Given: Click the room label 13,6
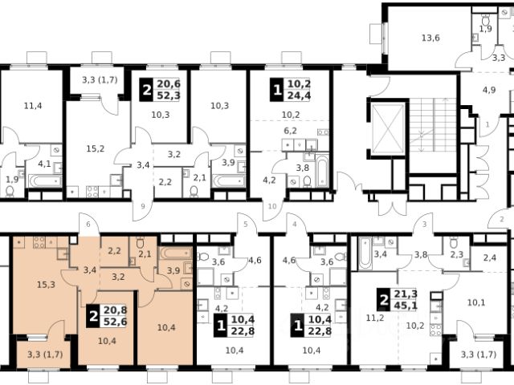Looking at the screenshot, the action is click(430, 38).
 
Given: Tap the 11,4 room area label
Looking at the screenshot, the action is click(33, 106).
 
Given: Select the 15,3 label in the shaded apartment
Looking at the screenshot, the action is click(46, 285).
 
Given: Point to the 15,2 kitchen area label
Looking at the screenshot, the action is click(96, 148).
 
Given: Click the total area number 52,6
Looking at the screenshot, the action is click(115, 322).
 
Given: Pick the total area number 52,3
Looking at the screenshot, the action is click(169, 96).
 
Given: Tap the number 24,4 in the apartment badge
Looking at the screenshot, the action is click(299, 96).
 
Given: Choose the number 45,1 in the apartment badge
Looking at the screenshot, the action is click(406, 306).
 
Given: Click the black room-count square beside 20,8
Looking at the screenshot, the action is click(93, 316).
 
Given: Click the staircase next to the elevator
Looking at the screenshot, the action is click(432, 135).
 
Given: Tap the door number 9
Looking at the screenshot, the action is click(143, 206).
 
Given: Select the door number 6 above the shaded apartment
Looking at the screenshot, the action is click(88, 225).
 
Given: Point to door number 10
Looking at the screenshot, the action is click(272, 206).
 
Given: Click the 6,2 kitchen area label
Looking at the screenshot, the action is click(290, 131).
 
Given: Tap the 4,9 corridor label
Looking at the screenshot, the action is click(489, 90).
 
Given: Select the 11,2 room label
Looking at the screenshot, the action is click(375, 318).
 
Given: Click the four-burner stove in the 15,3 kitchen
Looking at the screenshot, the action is click(39, 242).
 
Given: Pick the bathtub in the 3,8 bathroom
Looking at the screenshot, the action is click(321, 172).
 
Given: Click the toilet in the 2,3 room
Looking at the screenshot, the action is click(454, 243).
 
